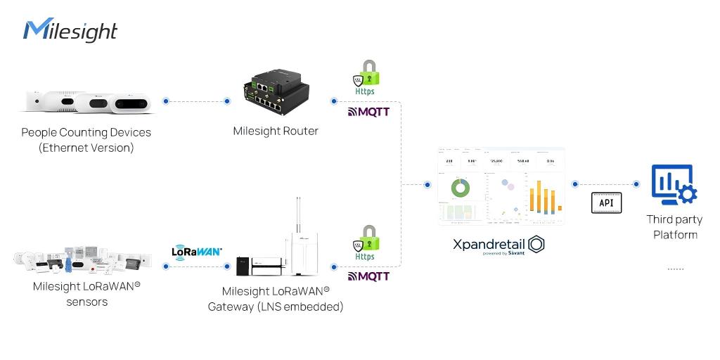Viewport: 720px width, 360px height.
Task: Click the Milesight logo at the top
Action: [x=70, y=31]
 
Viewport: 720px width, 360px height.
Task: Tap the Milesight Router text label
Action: [x=276, y=131]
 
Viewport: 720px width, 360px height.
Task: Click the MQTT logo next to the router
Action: [x=368, y=111]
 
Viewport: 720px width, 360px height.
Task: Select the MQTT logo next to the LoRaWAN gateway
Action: [x=368, y=276]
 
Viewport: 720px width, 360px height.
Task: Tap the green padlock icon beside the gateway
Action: [x=366, y=239]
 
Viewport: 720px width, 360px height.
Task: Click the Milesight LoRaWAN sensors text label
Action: [x=86, y=294]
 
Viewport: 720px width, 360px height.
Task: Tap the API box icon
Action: [x=606, y=202]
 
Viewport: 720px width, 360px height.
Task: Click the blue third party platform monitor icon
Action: [x=673, y=185]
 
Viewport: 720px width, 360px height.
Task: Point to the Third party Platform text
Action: [x=674, y=227]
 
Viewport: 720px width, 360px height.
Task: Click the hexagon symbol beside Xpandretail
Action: [x=536, y=244]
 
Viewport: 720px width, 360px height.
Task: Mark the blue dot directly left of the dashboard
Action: [x=427, y=185]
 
